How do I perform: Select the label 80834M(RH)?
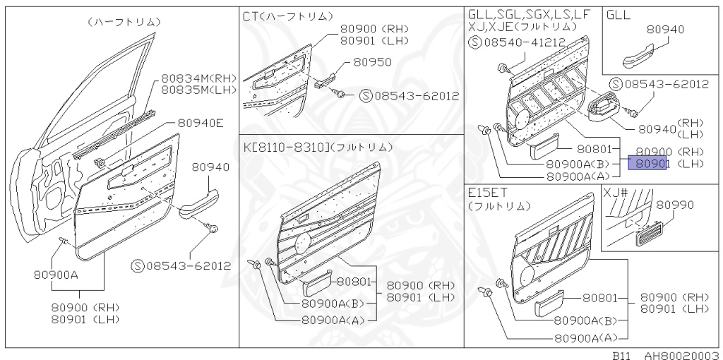tap(198, 78)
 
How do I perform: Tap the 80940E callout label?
tap(200, 123)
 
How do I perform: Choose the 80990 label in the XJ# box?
tap(674, 205)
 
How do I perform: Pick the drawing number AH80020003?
tap(681, 355)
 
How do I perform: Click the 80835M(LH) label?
tap(198, 90)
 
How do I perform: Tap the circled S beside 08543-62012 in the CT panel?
tap(365, 95)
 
